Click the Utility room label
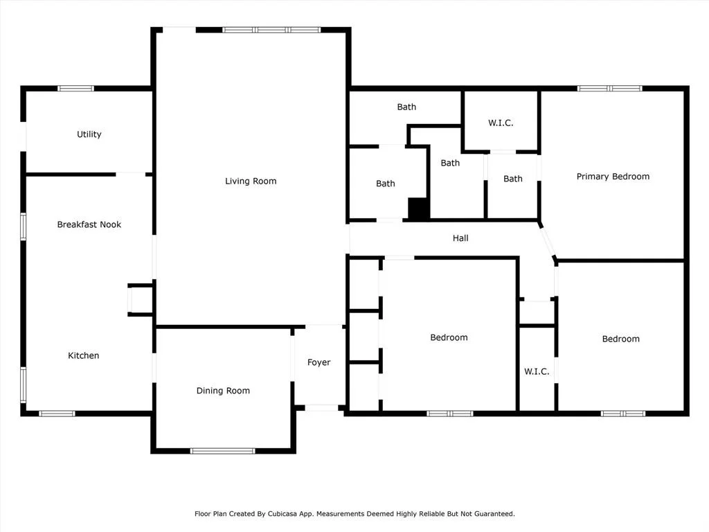[89, 134]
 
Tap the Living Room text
[251, 181]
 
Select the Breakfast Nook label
[89, 224]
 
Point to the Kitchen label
[83, 355]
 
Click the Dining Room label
[223, 391]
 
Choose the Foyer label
[318, 362]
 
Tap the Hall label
[460, 238]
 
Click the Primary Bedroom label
[613, 177]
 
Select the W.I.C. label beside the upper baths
[501, 123]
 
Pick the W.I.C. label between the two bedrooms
[537, 371]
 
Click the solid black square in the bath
[418, 209]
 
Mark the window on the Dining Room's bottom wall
[222, 451]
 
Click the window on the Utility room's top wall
[75, 89]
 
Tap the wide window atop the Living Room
[271, 30]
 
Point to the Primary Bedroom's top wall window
[609, 89]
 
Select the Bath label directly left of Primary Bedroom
[513, 179]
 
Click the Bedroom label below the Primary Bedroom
[621, 339]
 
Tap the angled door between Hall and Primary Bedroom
[548, 240]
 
